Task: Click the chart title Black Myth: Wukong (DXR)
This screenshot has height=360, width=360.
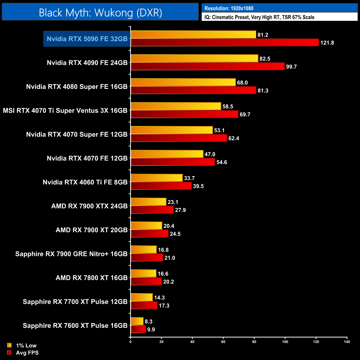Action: (x=100, y=13)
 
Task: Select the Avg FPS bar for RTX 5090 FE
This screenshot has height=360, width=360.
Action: (x=225, y=43)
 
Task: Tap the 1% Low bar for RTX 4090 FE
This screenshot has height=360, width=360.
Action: (x=194, y=58)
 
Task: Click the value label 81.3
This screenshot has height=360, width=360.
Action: (x=263, y=91)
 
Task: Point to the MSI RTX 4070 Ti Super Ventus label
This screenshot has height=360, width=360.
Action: (x=65, y=110)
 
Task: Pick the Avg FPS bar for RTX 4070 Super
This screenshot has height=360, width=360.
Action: (x=179, y=138)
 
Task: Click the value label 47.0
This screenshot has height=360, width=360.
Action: (x=210, y=154)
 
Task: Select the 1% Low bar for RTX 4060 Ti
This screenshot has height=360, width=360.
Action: (x=157, y=178)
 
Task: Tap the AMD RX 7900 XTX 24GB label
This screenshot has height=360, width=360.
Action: (x=89, y=206)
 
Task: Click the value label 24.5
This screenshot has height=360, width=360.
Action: (x=175, y=234)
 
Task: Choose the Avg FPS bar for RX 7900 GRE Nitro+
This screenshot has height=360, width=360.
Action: (x=147, y=258)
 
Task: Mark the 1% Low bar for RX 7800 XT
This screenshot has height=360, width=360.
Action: (x=143, y=274)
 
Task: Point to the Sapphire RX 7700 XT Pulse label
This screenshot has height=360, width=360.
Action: (x=75, y=302)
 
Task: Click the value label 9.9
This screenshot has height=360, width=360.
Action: (x=151, y=330)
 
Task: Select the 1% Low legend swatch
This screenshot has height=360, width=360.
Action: (x=9, y=345)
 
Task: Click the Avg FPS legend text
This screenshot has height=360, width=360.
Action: (x=27, y=353)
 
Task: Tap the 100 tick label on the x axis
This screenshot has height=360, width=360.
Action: (x=285, y=342)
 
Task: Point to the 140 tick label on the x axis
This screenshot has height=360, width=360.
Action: (x=347, y=342)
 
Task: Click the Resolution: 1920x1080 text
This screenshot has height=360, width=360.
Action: (x=229, y=8)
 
